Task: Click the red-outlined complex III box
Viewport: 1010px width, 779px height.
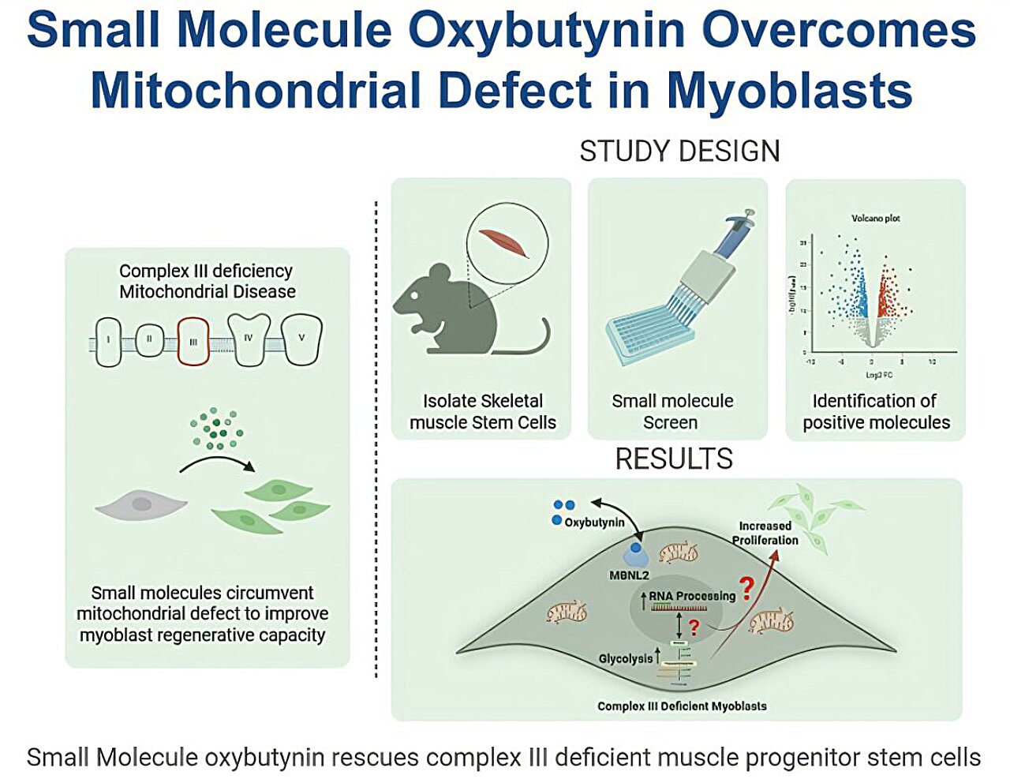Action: pyautogui.click(x=193, y=341)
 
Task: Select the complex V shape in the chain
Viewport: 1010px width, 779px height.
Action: pyautogui.click(x=302, y=339)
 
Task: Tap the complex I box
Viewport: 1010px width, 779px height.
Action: pyautogui.click(x=109, y=342)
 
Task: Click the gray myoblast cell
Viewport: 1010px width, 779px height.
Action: pyautogui.click(x=141, y=504)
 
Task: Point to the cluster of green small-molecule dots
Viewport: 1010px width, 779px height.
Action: pyautogui.click(x=216, y=429)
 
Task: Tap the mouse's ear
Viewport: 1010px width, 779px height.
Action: pyautogui.click(x=436, y=276)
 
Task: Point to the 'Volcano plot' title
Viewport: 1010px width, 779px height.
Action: pyautogui.click(x=875, y=218)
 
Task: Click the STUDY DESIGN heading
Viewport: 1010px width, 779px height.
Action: pyautogui.click(x=679, y=151)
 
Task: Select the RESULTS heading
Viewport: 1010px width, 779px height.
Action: pyautogui.click(x=674, y=459)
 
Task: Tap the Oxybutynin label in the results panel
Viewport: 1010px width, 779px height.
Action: pyautogui.click(x=594, y=522)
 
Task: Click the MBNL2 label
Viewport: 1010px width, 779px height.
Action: pyautogui.click(x=629, y=575)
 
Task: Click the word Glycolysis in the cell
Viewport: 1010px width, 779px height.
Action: pyautogui.click(x=625, y=658)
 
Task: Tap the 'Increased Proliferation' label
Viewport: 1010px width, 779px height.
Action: pyautogui.click(x=765, y=533)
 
